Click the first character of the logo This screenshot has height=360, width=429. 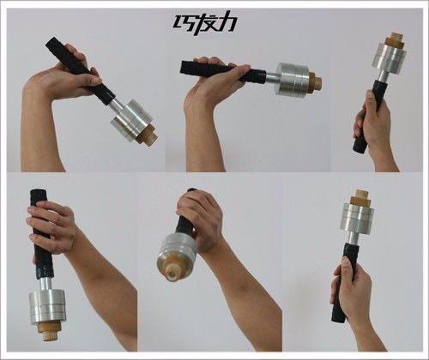(x=183, y=22)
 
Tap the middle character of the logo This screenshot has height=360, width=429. (x=204, y=23)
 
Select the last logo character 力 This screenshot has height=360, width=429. (x=227, y=21)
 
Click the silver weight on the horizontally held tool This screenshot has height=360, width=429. (x=293, y=79)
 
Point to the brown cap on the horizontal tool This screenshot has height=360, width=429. (x=315, y=81)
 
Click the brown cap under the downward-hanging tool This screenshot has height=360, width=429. (x=48, y=331)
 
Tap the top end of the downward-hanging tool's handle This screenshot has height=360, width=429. (x=37, y=192)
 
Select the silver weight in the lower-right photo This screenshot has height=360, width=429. (x=357, y=218)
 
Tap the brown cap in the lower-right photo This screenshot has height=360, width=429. (x=360, y=197)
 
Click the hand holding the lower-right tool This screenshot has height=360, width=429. (x=350, y=289)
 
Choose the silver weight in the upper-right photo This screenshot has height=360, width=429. (x=390, y=57)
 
